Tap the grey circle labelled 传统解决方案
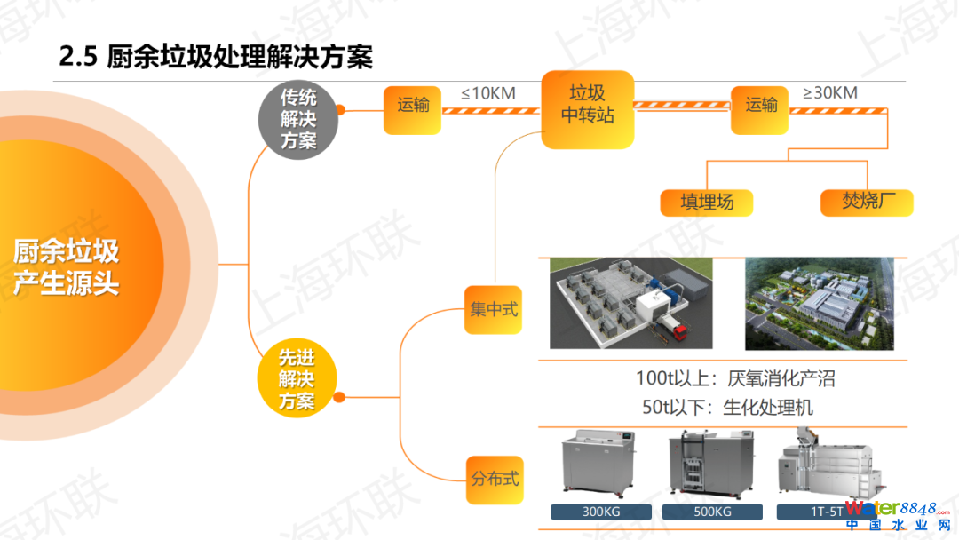pyautogui.click(x=298, y=118)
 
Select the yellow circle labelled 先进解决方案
pyautogui.click(x=297, y=379)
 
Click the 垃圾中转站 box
pyautogui.click(x=588, y=105)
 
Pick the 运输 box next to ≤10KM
pyautogui.click(x=412, y=107)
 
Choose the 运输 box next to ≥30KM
pyautogui.click(x=760, y=107)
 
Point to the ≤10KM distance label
pyautogui.click(x=488, y=92)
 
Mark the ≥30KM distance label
pyautogui.click(x=829, y=92)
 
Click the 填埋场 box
pyautogui.click(x=707, y=202)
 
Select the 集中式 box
pyautogui.click(x=493, y=310)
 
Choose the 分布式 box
pyautogui.click(x=493, y=479)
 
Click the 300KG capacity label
pyautogui.click(x=601, y=512)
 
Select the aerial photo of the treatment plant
pyautogui.click(x=818, y=304)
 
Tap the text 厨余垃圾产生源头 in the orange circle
pyautogui.click(x=67, y=266)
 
